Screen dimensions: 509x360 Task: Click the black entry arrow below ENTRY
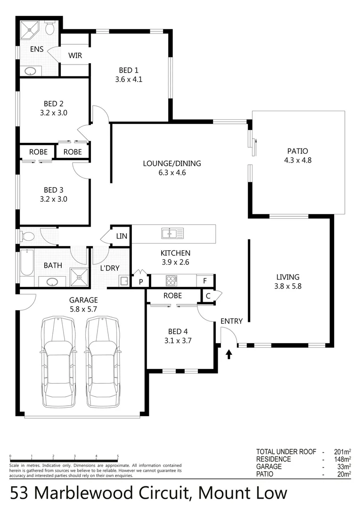coord(229,354)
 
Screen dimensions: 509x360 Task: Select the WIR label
coord(75,56)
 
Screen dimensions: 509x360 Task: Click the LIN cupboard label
coord(122,236)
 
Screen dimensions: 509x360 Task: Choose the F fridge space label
coord(205,281)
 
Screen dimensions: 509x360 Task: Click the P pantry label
coord(140,282)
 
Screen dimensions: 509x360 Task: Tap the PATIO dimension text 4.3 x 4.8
coord(297,160)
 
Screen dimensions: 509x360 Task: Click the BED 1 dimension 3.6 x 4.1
coord(129,80)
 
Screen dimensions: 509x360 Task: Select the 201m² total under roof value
coord(340,452)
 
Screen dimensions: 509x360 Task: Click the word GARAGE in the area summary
coord(269,467)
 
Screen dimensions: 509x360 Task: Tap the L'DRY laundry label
coord(110,268)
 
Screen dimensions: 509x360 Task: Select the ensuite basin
coord(30,72)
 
